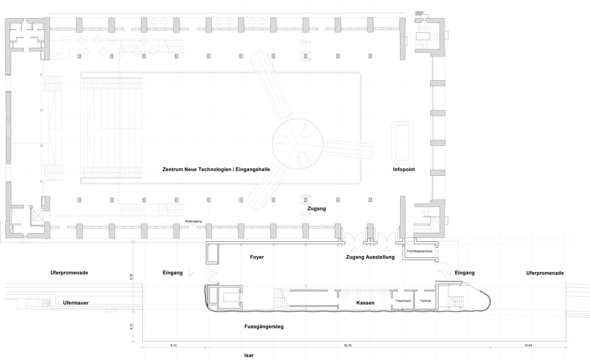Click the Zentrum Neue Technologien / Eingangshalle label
pyautogui.click(x=216, y=169)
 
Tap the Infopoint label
pyautogui.click(x=404, y=169)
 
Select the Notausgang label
pyautogui.click(x=194, y=221)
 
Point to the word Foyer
pyautogui.click(x=257, y=257)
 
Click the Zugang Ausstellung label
pyautogui.click(x=371, y=257)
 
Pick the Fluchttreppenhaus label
pyautogui.click(x=419, y=251)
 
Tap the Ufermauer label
pyautogui.click(x=76, y=303)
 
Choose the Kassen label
pyautogui.click(x=365, y=303)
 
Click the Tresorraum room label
pyautogui.click(x=403, y=301)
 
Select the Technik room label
pyautogui.click(x=425, y=301)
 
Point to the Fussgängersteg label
pyautogui.click(x=264, y=327)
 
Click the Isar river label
pyautogui.click(x=249, y=355)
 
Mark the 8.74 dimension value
pyautogui.click(x=173, y=345)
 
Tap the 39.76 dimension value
pyautogui.click(x=348, y=345)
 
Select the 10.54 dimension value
pyautogui.click(x=528, y=345)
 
